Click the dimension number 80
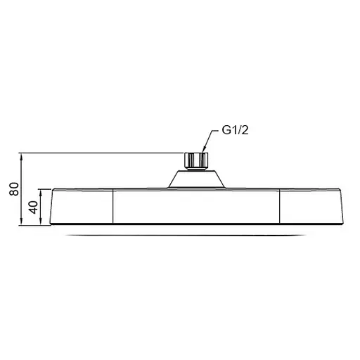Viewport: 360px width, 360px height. (12, 189)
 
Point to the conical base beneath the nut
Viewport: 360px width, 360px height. (196, 179)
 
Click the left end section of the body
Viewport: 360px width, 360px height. (81, 207)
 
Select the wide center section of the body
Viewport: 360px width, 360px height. (196, 207)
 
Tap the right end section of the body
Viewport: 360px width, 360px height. (309, 207)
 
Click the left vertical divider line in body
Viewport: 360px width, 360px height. (113, 207)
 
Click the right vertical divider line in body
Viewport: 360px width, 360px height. (280, 207)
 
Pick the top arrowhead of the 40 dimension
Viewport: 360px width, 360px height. (44, 192)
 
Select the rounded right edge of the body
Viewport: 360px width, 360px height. (344, 208)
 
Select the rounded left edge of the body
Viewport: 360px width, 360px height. (51, 208)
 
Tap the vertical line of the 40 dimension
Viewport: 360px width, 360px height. (44, 207)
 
